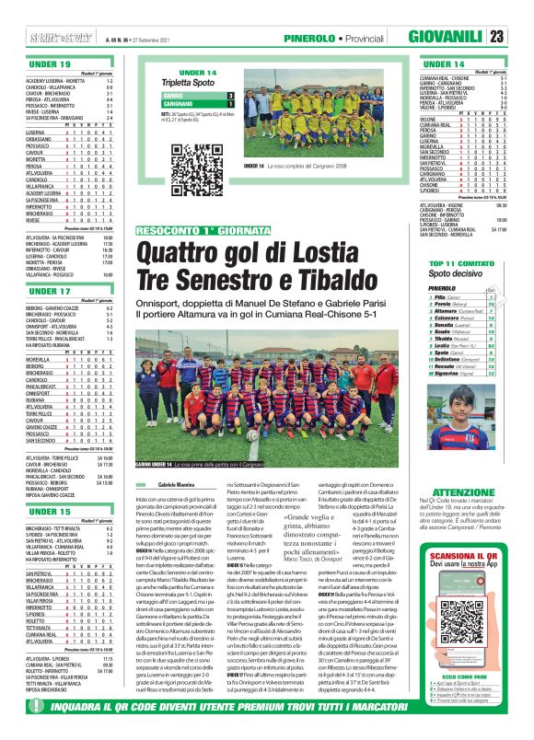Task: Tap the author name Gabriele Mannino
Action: pos(178,483)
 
